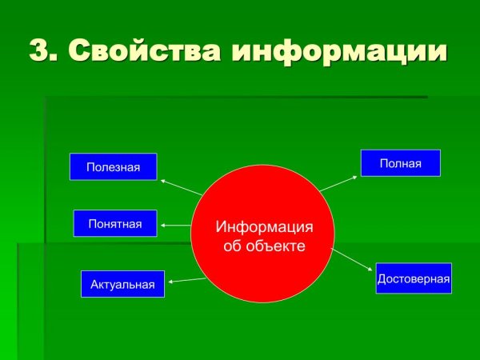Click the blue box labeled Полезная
(x=113, y=166)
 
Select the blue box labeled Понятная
(x=114, y=223)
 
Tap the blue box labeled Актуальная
(x=122, y=284)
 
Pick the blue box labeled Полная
(x=400, y=163)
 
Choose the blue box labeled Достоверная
(x=414, y=278)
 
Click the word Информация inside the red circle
(x=264, y=227)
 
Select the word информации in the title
(x=339, y=50)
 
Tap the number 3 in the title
(x=39, y=50)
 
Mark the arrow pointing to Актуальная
(x=186, y=279)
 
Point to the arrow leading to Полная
(x=338, y=182)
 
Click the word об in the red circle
(x=232, y=246)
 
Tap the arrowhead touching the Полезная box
(x=162, y=181)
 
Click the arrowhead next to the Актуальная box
(x=171, y=281)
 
